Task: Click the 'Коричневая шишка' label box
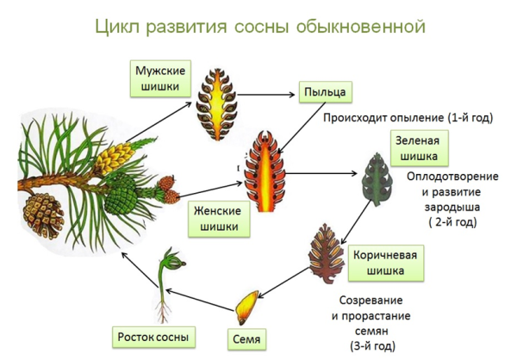[388, 263]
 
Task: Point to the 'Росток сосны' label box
[152, 336]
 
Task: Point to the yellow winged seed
[246, 303]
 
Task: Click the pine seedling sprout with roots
[163, 284]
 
